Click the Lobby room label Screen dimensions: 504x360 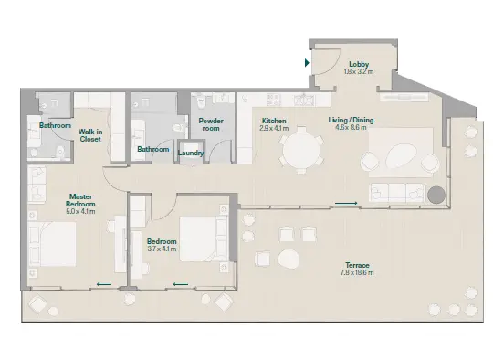pos(359,64)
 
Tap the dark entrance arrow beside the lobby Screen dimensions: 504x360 pos(307,62)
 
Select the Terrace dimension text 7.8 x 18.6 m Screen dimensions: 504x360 pos(357,273)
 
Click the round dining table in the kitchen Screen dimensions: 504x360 pos(301,150)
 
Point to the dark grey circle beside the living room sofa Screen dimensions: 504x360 pos(436,195)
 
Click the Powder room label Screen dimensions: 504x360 pos(211,124)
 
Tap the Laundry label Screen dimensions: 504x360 pos(191,153)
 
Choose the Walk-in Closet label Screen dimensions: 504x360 pos(90,135)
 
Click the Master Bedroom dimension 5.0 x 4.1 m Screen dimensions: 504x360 pos(80,211)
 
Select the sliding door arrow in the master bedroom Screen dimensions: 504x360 pos(104,284)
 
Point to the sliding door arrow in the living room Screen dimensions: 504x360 pos(346,204)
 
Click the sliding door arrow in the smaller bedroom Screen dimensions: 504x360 pos(181,284)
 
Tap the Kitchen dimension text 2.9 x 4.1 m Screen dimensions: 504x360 pos(274,128)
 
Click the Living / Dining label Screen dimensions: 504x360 pos(351,120)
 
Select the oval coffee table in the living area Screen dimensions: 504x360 pos(402,155)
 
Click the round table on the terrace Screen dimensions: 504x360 pos(289,259)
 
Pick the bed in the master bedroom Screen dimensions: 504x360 pos(52,244)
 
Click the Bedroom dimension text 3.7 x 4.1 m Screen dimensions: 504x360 pos(162,249)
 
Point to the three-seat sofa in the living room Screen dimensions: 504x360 pos(397,193)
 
